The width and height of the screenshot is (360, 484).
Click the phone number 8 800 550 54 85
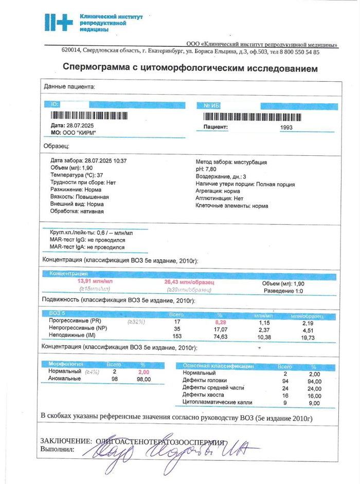point(296,52)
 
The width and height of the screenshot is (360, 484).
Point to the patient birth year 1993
point(286,127)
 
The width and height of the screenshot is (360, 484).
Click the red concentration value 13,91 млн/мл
point(95,282)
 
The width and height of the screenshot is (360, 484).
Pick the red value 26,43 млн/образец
point(189,282)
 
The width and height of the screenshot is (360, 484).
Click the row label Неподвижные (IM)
point(72,335)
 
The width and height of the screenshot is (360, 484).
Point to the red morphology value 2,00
point(143,372)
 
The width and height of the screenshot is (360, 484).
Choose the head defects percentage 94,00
point(314,381)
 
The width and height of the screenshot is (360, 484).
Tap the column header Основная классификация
point(218,366)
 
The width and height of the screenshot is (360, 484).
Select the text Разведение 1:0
point(283,291)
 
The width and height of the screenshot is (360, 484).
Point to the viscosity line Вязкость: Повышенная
point(80,196)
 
